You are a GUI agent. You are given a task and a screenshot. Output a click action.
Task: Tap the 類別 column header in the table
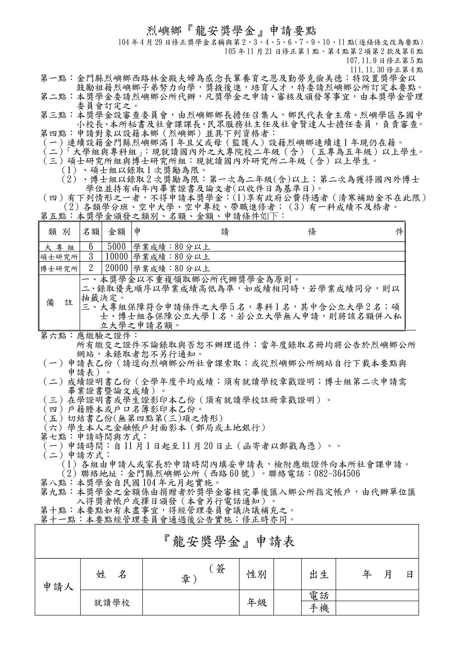(59, 232)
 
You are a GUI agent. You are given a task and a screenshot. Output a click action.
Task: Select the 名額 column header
(90, 232)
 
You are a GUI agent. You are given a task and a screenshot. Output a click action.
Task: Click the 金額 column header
(116, 232)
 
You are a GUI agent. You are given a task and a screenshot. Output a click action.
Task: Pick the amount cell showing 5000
(116, 246)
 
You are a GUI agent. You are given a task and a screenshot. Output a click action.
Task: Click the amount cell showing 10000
(116, 257)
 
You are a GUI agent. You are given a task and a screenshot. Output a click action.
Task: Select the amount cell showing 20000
(116, 268)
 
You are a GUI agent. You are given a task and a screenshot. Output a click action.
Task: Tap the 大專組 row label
(59, 247)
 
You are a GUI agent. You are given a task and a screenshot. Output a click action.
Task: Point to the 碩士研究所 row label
(59, 257)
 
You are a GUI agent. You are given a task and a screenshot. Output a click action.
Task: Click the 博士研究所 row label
(59, 269)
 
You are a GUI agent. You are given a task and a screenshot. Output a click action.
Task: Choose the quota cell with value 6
(90, 246)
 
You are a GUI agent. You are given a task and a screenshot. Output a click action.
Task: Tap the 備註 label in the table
(59, 302)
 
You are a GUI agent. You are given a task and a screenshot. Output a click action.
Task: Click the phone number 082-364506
(337, 473)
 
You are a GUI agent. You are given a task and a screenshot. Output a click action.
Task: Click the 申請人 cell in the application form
(58, 587)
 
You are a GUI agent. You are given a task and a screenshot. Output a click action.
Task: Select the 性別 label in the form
(256, 574)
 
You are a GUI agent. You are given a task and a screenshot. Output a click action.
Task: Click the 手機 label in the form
(319, 609)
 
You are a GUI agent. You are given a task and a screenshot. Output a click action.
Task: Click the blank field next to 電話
(377, 595)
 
